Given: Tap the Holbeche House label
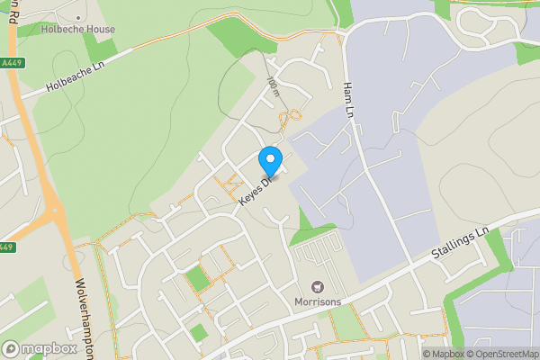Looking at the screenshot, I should pyautogui.click(x=77, y=29).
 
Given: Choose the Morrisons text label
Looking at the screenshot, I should pyautogui.click(x=318, y=301).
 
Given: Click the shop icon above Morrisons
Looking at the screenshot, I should pyautogui.click(x=318, y=286).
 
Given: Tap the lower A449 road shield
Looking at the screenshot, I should pyautogui.click(x=5, y=247).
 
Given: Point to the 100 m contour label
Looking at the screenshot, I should pyautogui.click(x=274, y=85).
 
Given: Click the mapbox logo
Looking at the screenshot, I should pyautogui.click(x=40, y=348).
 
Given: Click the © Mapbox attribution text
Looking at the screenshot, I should pyautogui.click(x=443, y=354).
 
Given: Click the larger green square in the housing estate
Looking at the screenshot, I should pyautogui.click(x=197, y=279).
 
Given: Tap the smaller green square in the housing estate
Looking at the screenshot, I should pyautogui.click(x=199, y=332).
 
